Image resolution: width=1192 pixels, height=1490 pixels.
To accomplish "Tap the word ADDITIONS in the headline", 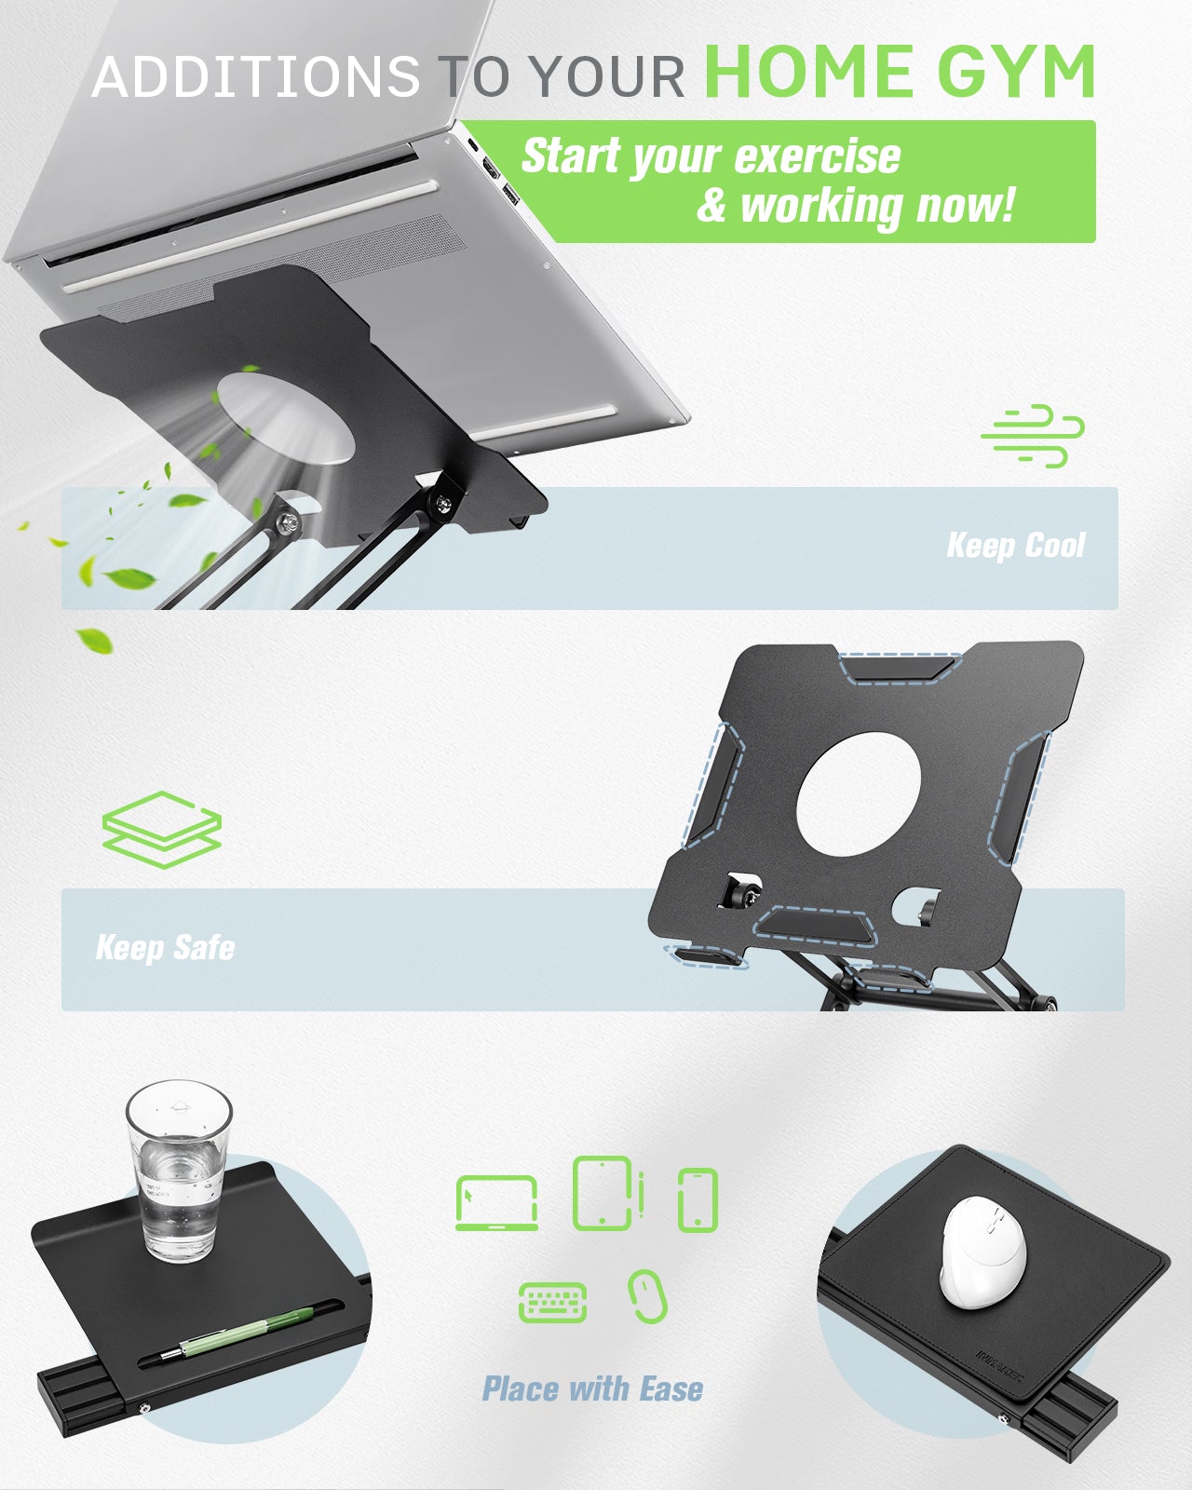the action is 255,76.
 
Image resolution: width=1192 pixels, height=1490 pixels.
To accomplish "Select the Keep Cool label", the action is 1015,545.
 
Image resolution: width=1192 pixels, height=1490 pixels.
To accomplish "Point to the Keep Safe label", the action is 166,947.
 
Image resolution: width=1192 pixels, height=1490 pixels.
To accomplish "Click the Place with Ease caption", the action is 592,1388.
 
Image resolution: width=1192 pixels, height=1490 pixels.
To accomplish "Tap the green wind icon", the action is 1033,436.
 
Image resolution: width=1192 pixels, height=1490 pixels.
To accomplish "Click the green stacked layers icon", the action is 161,830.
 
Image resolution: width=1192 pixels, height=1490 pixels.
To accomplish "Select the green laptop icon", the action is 496,1202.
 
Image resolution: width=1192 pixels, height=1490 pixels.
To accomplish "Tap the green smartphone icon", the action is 698,1200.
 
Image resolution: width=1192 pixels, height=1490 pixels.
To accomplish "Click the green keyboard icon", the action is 553,1303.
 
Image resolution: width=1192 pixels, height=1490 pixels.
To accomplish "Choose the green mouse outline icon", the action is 647,1296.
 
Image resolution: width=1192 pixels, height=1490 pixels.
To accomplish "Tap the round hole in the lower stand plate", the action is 859,793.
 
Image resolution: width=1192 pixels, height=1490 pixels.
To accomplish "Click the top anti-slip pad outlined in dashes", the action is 899,669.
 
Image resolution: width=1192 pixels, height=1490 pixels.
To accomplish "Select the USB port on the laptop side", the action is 510,195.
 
